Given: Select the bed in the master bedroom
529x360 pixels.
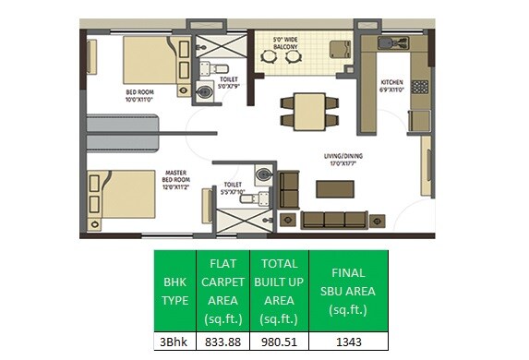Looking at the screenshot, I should pos(120,193).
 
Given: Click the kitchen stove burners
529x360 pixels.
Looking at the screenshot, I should pos(419,88).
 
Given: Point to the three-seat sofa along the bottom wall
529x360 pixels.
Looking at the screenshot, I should pos(336,221).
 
